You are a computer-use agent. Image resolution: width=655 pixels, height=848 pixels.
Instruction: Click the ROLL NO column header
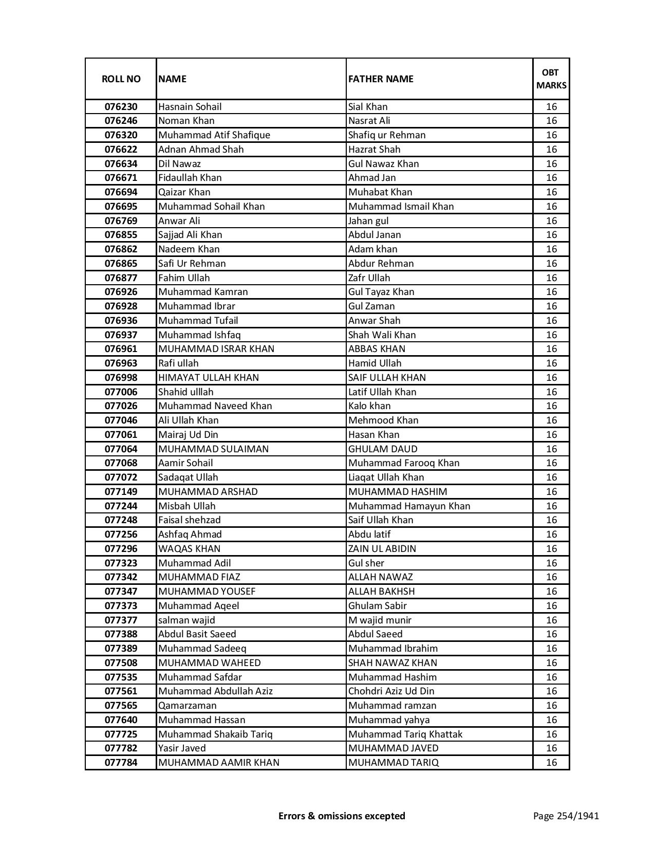click(x=121, y=79)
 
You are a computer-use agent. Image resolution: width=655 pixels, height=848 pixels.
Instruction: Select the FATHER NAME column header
click(x=381, y=79)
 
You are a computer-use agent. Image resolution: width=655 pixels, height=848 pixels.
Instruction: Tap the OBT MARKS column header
click(x=551, y=79)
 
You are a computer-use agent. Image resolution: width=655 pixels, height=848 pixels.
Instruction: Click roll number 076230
click(x=121, y=107)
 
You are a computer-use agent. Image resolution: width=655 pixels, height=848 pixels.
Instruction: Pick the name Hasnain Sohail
click(x=190, y=107)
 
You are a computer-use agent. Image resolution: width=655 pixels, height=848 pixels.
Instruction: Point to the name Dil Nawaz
click(x=179, y=164)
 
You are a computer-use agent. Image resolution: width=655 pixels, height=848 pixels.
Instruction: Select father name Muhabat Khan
click(x=380, y=192)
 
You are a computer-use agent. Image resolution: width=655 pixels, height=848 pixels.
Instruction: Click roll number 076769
click(x=121, y=221)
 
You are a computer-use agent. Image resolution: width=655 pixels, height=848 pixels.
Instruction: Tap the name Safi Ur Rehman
click(x=192, y=264)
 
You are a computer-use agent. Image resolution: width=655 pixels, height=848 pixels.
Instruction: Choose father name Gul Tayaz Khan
click(x=381, y=292)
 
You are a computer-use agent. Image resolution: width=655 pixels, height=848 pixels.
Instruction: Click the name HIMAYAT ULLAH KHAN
click(x=209, y=378)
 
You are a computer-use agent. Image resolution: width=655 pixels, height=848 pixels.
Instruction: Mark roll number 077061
click(x=121, y=435)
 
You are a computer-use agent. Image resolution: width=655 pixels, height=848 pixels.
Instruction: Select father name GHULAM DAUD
click(x=383, y=449)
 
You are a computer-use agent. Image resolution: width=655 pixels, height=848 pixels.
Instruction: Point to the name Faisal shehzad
click(x=190, y=520)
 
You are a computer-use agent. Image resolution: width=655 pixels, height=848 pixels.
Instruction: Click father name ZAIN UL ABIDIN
click(x=382, y=549)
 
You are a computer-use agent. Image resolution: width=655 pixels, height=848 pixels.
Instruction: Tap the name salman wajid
click(x=186, y=620)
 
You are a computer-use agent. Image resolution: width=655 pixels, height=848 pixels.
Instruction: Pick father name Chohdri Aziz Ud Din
click(x=391, y=691)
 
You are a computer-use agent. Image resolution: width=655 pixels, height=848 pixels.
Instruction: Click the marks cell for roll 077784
click(x=551, y=763)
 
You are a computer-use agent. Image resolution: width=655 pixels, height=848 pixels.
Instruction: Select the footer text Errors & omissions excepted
click(x=342, y=816)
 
